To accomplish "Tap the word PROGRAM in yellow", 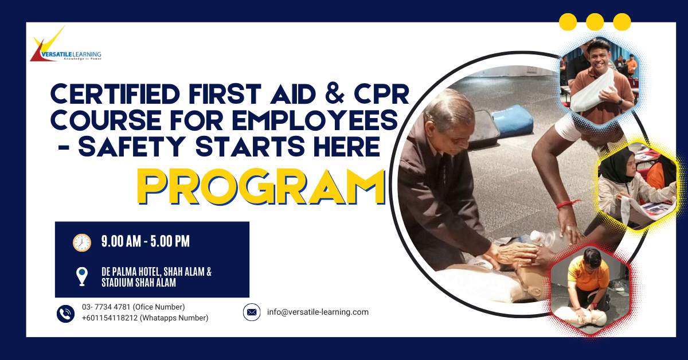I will point(261,186).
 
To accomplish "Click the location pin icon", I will point(82,276).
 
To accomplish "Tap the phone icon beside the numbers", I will point(66,313).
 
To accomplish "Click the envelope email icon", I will point(252,312).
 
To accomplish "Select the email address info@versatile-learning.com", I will point(318,312).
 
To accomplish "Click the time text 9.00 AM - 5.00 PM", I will point(145,242).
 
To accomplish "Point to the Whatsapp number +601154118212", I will point(115,318).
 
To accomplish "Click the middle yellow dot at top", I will point(595,22).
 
